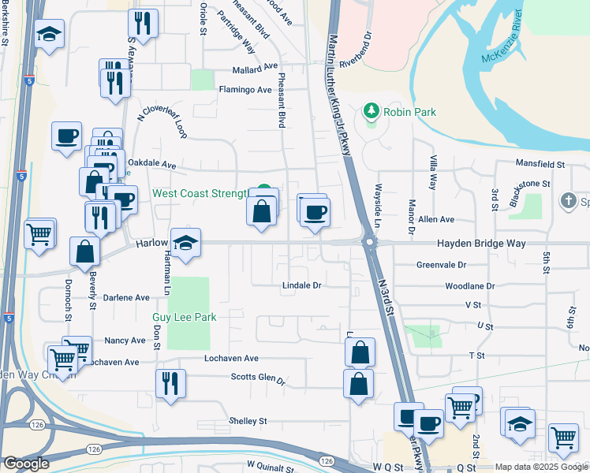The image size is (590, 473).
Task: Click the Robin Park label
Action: coord(409,113)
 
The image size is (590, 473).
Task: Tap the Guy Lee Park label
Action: coord(184,317)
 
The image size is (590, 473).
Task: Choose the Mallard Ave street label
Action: coord(255,67)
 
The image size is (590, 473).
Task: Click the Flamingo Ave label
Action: coord(245,90)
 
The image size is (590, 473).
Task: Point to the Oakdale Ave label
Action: coord(151,165)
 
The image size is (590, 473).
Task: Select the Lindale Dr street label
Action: coord(302,285)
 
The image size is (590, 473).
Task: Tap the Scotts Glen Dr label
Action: coord(257,379)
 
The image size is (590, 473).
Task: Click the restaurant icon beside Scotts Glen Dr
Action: coord(170,384)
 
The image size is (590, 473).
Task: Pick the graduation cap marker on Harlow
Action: coord(185,243)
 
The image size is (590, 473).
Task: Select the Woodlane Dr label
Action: coord(469,286)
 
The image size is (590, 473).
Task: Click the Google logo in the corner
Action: coord(26,464)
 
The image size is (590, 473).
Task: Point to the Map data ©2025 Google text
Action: coord(540,467)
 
